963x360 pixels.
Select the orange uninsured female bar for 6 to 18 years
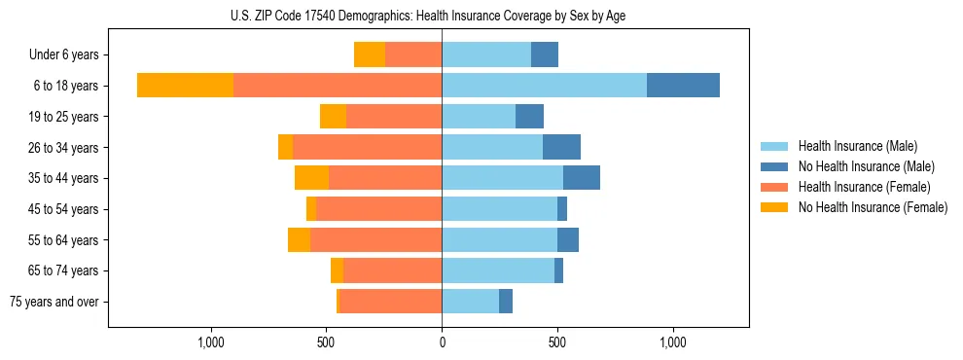185,86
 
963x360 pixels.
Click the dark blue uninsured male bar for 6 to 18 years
683,86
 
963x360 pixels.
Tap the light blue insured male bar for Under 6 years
486,54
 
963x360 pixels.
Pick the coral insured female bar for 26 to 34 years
367,147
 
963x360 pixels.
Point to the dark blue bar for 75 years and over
506,302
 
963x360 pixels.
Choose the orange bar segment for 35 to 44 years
311,178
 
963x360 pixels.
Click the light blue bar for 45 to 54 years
499,209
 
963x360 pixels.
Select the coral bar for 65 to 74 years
392,270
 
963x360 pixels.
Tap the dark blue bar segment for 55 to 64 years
568,239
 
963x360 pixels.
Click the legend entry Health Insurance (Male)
856,146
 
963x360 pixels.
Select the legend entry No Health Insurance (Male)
865,166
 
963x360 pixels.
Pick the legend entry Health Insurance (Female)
864,187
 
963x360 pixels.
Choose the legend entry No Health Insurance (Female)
873,207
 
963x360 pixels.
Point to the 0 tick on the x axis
442,342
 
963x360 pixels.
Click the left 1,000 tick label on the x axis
210,342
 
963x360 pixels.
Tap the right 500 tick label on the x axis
557,342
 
